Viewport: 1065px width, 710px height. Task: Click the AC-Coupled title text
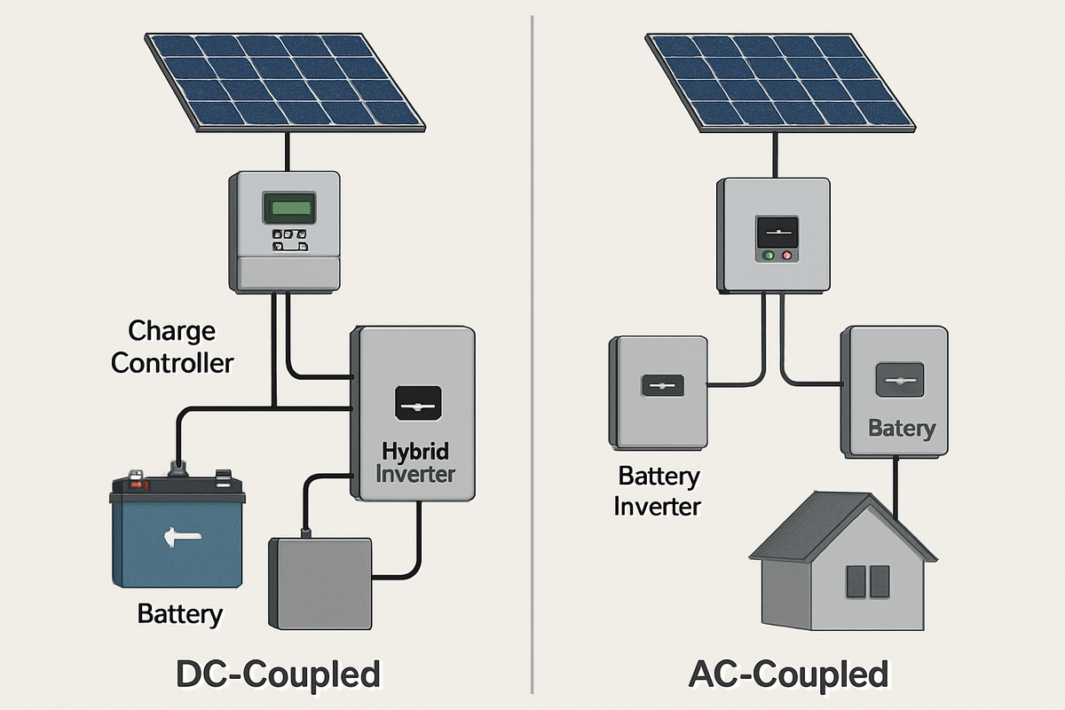click(788, 674)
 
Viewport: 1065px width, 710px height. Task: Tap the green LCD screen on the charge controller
click(285, 209)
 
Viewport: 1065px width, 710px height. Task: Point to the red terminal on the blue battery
click(135, 484)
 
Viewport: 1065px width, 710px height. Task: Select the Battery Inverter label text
click(659, 491)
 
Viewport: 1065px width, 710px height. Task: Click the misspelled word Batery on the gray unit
click(901, 429)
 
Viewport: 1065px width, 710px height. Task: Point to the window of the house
click(867, 581)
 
